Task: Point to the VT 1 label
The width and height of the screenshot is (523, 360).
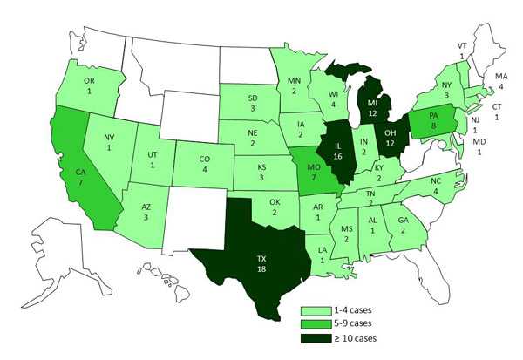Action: pyautogui.click(x=462, y=50)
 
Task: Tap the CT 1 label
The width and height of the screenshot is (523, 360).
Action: pyautogui.click(x=498, y=111)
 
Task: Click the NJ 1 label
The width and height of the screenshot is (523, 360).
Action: pyautogui.click(x=476, y=122)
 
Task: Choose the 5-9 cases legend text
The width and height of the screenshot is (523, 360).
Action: pyautogui.click(x=350, y=323)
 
